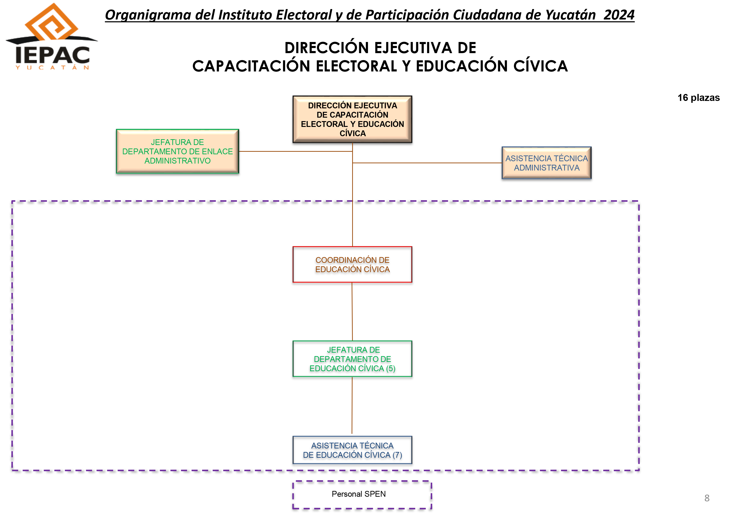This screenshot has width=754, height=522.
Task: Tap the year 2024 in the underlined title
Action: (x=619, y=15)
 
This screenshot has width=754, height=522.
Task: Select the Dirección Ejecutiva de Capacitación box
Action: (x=352, y=119)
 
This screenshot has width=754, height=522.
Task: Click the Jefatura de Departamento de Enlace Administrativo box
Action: (x=177, y=151)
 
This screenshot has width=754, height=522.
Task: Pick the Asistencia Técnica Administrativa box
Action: (x=546, y=163)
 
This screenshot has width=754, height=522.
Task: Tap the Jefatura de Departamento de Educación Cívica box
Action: (x=352, y=359)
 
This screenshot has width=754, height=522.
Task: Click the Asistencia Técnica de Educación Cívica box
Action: (x=352, y=450)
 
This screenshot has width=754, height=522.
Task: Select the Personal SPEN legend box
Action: (x=362, y=495)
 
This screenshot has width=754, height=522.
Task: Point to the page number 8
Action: (x=707, y=498)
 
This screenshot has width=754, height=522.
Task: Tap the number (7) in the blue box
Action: (x=397, y=455)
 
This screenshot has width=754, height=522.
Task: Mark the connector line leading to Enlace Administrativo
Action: (x=296, y=151)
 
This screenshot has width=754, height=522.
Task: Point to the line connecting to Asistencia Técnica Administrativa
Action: (x=427, y=163)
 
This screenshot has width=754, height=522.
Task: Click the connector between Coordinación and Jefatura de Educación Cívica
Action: (x=352, y=311)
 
